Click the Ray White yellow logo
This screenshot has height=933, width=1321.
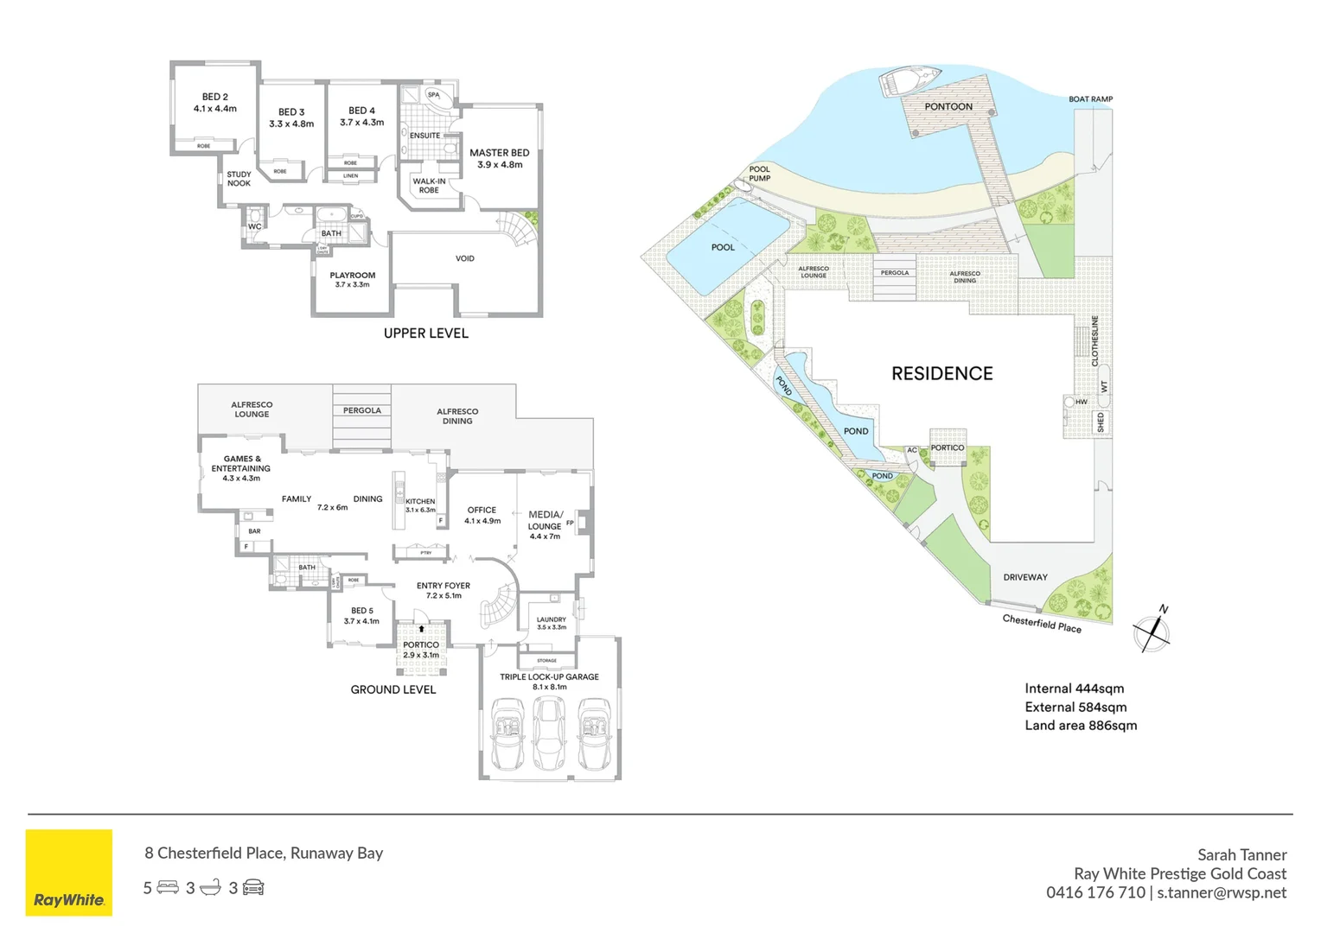point(69,873)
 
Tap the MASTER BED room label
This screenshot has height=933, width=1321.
point(499,153)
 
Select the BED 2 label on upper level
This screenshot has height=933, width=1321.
point(215,97)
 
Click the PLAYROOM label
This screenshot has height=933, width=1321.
point(352,276)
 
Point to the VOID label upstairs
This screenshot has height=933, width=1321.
point(465,258)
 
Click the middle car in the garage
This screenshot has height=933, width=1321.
point(548,734)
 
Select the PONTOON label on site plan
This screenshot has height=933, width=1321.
point(948,107)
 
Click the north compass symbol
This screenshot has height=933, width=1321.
point(1152,632)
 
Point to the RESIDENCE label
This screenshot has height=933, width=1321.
point(941,374)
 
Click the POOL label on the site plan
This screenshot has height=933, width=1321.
point(723,248)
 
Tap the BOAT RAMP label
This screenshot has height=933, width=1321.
point(1090,99)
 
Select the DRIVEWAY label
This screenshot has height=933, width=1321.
point(1025,577)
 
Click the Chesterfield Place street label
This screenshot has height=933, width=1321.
point(1042,623)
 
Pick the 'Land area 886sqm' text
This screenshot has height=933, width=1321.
point(1081,726)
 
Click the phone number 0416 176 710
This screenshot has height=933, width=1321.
point(1095,893)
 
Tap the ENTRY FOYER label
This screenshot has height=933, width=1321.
point(444,586)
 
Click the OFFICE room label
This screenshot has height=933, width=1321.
point(482,511)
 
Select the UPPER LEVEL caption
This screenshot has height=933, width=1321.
point(426,333)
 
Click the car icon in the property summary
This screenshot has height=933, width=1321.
point(253,888)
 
